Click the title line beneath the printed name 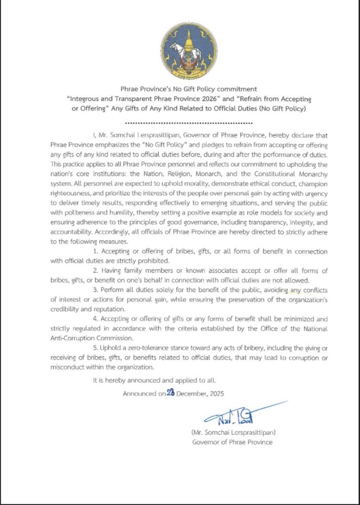click(x=232, y=441)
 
